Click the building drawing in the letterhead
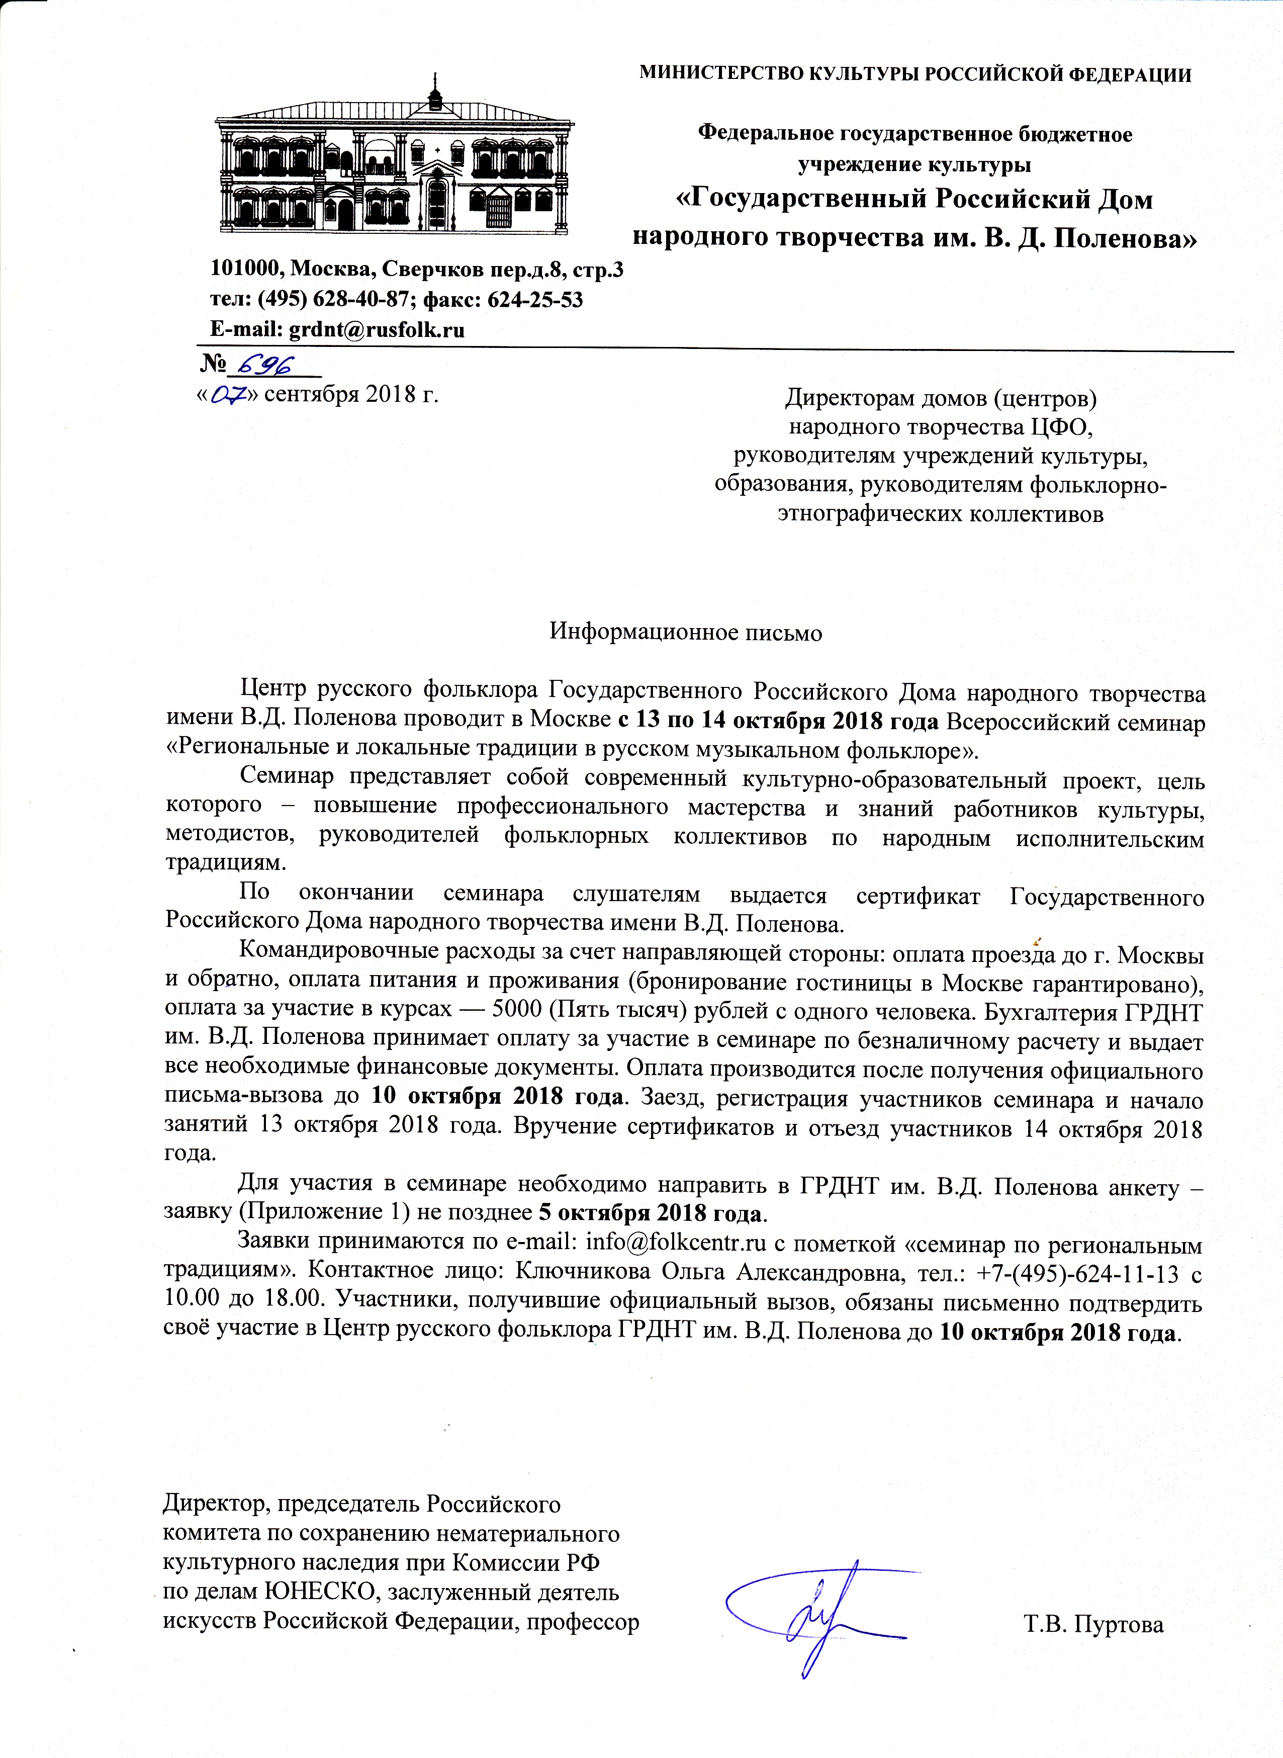(x=395, y=163)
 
